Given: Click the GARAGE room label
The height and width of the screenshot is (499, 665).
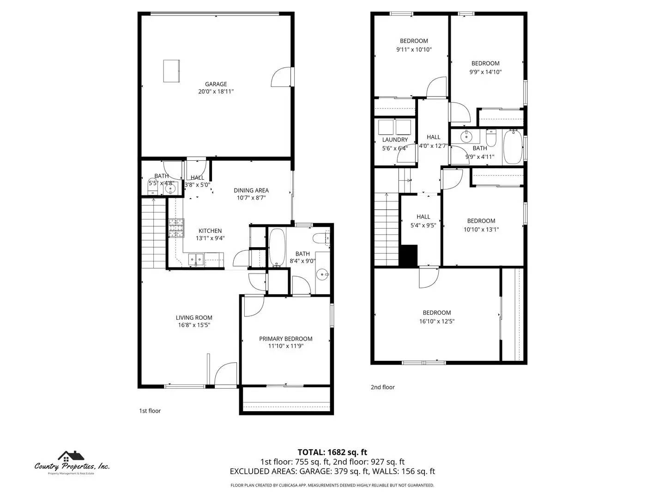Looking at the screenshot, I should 216,84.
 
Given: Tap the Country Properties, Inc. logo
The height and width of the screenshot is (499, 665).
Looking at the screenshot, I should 72,462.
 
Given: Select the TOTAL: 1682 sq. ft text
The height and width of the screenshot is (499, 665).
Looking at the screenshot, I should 332,452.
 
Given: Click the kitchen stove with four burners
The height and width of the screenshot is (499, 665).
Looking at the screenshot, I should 175,228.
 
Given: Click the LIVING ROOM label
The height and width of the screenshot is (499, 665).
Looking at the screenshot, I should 194,317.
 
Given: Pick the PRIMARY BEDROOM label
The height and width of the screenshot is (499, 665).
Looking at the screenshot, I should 285,339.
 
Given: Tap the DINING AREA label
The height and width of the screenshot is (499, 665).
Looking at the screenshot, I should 251,190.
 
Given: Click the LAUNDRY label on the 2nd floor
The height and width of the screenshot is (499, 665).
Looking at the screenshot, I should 395,140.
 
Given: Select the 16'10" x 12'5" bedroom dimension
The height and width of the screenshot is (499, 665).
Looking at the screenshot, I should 436,321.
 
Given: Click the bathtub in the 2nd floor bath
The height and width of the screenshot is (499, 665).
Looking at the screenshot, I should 512,147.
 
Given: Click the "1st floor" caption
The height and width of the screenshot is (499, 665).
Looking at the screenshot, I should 150,411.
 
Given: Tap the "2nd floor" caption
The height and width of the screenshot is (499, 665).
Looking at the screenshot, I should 382,387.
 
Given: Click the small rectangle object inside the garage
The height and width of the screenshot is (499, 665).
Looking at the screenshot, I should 171,71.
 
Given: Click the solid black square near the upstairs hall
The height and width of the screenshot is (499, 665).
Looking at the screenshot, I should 408,256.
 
